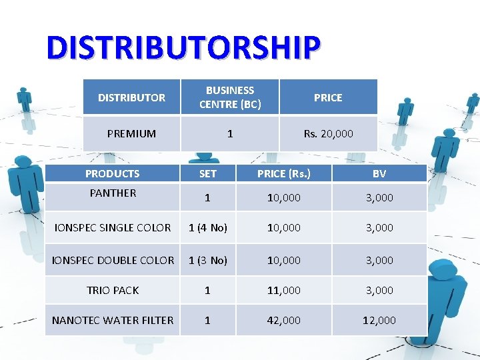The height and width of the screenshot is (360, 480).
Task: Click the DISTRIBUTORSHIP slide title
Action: point(183,47)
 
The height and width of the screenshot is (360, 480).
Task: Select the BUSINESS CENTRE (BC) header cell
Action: point(230,97)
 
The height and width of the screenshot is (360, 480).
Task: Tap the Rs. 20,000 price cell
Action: point(328,134)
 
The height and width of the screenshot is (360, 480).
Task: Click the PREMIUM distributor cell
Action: point(131,134)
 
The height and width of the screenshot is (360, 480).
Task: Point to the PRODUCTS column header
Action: point(112,174)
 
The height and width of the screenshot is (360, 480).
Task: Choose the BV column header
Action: point(379,174)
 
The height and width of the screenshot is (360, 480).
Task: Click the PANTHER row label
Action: point(113,193)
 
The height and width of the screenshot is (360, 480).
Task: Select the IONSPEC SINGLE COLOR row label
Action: point(112,228)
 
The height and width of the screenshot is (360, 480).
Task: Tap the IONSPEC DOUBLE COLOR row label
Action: point(113,260)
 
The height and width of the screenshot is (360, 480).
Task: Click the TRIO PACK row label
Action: point(113,291)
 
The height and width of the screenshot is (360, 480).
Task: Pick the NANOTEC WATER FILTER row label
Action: point(113,321)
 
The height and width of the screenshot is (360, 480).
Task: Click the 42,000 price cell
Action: point(284,321)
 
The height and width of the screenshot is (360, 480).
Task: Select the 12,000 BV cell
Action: point(379,321)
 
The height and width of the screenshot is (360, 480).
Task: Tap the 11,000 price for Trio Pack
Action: point(284,291)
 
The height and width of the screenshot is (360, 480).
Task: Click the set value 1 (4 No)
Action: point(207,228)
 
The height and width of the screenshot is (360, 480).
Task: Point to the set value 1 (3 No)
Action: point(207,260)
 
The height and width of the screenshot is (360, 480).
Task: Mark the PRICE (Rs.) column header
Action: point(284,174)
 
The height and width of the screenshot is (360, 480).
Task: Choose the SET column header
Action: point(207,174)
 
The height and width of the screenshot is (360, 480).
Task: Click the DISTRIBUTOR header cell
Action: point(131,97)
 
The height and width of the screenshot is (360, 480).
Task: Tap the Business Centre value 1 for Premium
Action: point(230,134)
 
